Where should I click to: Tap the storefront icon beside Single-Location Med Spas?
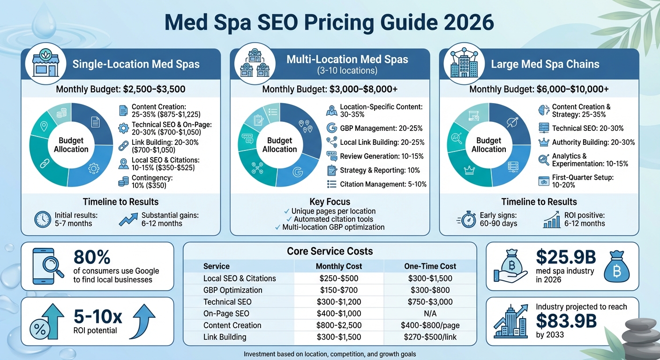click(x=45, y=64)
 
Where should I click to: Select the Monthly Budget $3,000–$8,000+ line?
click(x=330, y=90)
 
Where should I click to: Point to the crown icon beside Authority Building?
click(x=544, y=142)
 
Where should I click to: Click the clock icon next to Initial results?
click(x=43, y=219)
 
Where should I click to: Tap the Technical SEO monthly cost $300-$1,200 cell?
click(x=338, y=302)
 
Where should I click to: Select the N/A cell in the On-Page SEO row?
click(x=430, y=314)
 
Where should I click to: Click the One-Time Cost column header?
click(x=430, y=266)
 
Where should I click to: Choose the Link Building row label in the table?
click(x=225, y=337)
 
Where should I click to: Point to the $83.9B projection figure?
click(x=565, y=321)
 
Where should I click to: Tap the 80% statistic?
click(x=92, y=257)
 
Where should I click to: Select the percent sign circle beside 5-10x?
click(x=40, y=329)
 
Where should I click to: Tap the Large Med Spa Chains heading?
click(x=545, y=64)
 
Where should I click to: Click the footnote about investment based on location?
click(x=330, y=354)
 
